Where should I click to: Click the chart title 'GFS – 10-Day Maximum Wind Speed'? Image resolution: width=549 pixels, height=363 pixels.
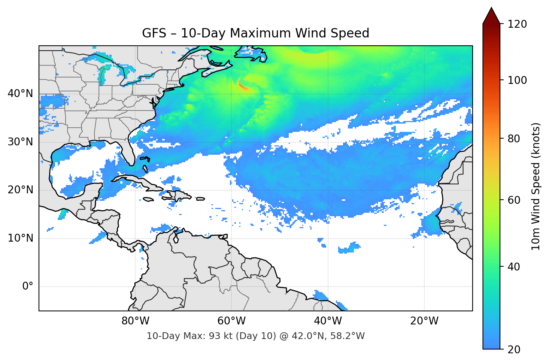255,33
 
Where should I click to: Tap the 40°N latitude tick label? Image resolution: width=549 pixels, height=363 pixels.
20,94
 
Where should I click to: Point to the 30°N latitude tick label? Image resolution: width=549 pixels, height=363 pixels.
20,142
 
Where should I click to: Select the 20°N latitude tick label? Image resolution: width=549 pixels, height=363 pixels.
20,190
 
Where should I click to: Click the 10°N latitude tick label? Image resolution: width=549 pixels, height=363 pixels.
20,238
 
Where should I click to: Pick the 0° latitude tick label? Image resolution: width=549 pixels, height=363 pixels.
27,287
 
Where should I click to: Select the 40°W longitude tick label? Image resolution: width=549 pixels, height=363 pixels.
328,321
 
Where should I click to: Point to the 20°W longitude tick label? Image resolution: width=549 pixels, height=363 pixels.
424,321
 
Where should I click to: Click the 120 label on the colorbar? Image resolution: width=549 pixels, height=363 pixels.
517,24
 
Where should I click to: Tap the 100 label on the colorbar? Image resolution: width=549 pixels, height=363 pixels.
517,80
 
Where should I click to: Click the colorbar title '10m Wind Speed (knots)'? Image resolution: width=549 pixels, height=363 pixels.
536,186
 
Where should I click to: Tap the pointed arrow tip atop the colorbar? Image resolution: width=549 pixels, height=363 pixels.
491,9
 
